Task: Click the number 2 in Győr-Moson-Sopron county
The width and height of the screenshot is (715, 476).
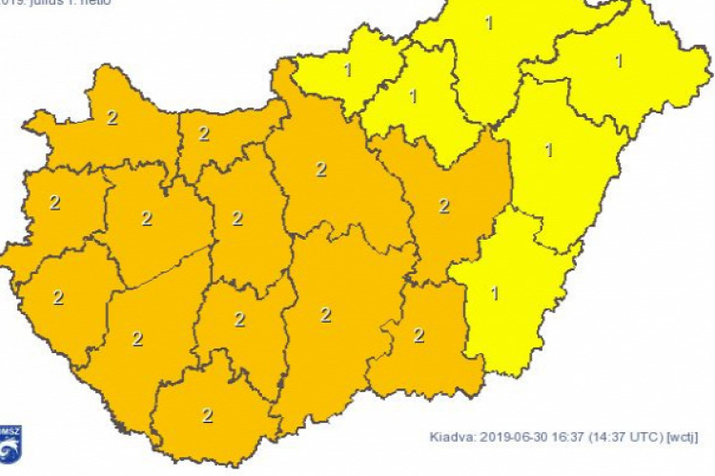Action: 112,118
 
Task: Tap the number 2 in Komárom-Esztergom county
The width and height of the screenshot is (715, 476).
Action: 204,133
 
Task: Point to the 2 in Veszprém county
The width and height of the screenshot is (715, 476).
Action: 147,218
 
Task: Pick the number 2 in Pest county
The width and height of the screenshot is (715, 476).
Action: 321,169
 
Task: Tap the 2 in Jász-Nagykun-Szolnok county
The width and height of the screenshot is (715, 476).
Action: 443,205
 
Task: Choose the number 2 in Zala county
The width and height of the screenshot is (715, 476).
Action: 58,297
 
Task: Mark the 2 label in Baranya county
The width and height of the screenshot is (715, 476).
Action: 208,414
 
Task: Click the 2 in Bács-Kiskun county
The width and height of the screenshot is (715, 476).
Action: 326,315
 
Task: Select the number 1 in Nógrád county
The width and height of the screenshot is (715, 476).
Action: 348,69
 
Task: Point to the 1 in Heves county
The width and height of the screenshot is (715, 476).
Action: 413,96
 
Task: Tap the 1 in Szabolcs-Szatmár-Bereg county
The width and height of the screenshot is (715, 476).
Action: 619,61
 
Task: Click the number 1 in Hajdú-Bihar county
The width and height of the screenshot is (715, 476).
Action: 548,149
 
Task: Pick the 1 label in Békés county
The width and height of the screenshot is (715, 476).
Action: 494,292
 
